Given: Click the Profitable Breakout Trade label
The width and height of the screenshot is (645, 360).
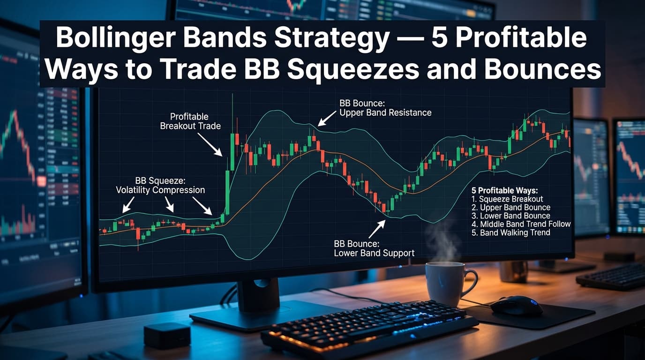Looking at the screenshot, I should click(x=190, y=121).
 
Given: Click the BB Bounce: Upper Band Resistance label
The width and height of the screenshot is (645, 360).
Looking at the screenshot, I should click(x=385, y=108).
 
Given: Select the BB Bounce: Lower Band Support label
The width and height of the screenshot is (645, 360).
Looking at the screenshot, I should click(x=374, y=248).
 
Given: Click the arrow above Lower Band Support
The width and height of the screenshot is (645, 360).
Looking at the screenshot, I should click(x=377, y=228).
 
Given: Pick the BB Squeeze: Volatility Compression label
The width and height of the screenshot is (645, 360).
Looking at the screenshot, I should click(x=160, y=185).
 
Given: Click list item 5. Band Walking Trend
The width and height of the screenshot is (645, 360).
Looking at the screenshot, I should click(x=510, y=232).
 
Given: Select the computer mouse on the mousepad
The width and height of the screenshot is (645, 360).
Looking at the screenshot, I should click(x=516, y=306).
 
